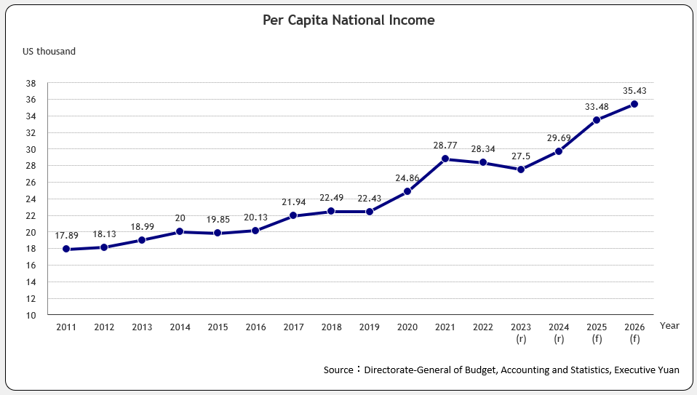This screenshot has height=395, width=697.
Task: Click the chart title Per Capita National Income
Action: coord(348,20)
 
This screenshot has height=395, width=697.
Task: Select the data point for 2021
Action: coord(445,159)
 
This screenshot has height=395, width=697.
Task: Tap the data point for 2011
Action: coord(66,249)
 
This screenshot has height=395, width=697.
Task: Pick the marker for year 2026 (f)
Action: coord(634,104)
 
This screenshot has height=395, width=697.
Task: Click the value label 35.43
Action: coord(634,91)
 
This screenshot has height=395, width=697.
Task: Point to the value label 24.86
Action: coord(407,177)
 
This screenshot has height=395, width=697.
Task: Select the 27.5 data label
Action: coord(520,156)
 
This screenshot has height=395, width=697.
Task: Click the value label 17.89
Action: coord(66,236)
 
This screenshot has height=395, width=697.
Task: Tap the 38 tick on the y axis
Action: coord(31,83)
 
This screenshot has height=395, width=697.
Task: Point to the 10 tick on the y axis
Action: coord(31,315)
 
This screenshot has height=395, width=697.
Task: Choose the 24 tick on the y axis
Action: coord(31,199)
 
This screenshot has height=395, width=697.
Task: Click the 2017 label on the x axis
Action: coord(293,327)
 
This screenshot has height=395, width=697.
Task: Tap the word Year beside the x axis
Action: coord(669,326)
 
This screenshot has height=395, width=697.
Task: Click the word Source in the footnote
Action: coord(338,370)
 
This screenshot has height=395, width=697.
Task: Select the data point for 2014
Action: coord(180,232)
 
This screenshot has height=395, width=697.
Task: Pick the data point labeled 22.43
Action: coord(369,212)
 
